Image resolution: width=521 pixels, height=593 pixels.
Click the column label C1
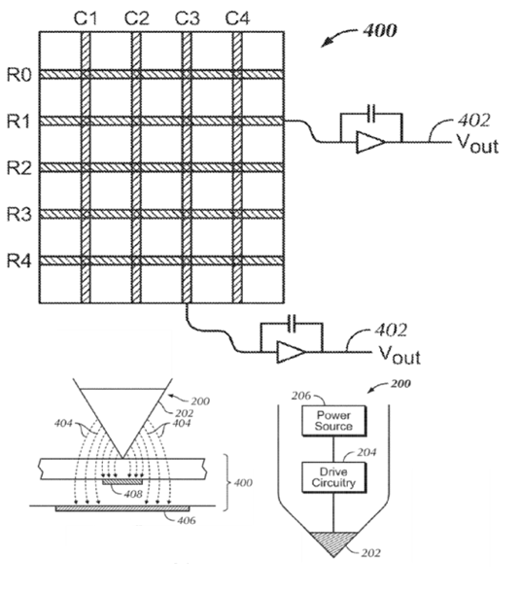86,18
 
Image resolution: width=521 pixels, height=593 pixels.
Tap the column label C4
237,18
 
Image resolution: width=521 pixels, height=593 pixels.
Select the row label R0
18,75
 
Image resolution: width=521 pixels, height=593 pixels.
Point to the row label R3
18,215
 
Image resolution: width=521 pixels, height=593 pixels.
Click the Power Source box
333,421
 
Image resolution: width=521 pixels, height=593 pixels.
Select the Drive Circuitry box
333,477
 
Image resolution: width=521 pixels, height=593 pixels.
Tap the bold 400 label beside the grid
380,30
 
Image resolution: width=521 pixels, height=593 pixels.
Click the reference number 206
301,396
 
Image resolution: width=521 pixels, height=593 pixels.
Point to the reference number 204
366,452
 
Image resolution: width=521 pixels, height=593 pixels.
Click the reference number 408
133,494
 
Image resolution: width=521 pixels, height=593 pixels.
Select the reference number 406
186,520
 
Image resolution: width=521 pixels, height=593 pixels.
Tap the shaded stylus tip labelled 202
333,541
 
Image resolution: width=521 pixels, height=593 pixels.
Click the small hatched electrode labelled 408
122,482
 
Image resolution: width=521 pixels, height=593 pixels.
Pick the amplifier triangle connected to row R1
369,142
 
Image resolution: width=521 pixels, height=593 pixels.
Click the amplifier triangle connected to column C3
291,352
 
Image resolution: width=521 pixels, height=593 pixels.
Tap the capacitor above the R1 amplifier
371,113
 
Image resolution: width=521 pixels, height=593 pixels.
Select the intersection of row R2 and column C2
136,167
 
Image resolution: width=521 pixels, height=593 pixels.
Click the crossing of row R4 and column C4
237,261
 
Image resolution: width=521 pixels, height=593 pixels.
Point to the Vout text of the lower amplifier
399,355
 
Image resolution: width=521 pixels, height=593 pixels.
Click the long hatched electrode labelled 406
122,508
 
